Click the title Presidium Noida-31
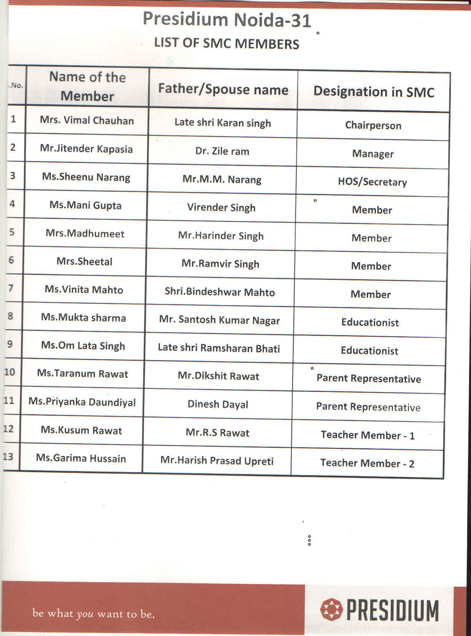tap(227, 20)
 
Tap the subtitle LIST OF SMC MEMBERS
tap(226, 43)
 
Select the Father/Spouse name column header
tap(223, 89)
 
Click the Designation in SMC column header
tap(374, 92)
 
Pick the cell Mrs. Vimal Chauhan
tap(87, 120)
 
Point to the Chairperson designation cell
tap(373, 125)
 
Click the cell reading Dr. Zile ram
tap(222, 151)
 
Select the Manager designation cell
tap(372, 154)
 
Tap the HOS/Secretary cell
tap(372, 182)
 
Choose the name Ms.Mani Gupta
tap(85, 205)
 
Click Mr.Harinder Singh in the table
tap(221, 236)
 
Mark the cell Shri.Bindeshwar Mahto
tap(219, 292)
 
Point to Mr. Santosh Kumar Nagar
tap(219, 320)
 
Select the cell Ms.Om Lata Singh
tap(83, 346)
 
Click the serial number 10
tap(9, 372)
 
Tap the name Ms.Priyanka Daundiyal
tap(82, 402)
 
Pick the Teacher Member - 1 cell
tap(367, 435)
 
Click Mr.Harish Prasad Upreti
tap(217, 461)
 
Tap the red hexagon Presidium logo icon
tap(332, 609)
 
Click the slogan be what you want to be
tap(93, 613)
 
